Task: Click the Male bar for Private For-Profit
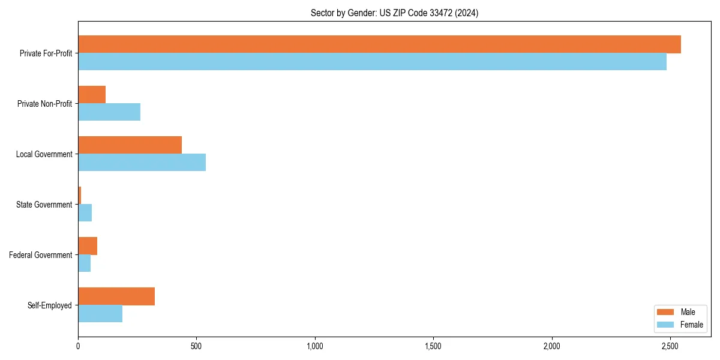tap(379, 44)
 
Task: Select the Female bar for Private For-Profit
tap(372, 62)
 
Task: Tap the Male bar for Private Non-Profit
tap(92, 95)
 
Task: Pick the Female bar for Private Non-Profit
tap(109, 112)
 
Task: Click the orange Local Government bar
tap(130, 145)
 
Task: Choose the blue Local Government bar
tap(142, 163)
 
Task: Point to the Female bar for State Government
tap(85, 213)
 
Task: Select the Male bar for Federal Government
tap(88, 246)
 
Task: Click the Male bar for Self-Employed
tap(116, 296)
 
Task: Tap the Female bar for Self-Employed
tap(100, 314)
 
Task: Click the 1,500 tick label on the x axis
tap(433, 346)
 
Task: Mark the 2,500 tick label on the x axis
tap(670, 346)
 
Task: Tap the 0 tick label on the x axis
tap(78, 346)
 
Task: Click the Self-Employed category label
tap(49, 305)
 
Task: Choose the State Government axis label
tap(44, 205)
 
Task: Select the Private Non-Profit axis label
tap(44, 104)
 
